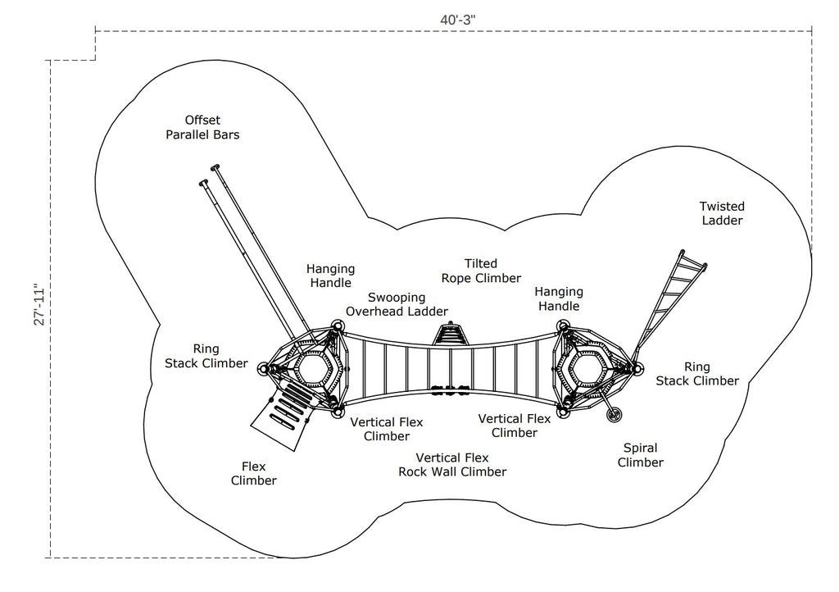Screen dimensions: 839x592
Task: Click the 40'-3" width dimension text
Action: click(x=457, y=20)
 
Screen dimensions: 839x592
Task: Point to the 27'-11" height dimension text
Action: click(x=40, y=304)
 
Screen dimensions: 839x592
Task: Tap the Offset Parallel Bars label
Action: click(x=202, y=127)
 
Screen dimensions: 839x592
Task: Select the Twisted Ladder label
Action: click(x=722, y=213)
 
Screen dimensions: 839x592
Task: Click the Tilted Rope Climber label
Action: click(x=481, y=271)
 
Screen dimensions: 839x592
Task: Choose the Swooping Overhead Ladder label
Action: click(x=397, y=304)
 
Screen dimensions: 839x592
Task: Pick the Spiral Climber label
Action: click(x=641, y=455)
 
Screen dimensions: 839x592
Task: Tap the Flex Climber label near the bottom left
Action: click(x=254, y=473)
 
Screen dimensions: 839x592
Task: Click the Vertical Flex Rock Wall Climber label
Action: click(x=452, y=465)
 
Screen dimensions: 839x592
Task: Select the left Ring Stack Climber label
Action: click(x=206, y=356)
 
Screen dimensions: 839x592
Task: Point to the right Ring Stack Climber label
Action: click(x=697, y=374)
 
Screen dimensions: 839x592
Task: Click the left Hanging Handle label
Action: click(x=331, y=276)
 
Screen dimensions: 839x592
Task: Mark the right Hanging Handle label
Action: click(x=559, y=298)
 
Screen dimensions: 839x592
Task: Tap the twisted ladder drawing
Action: click(x=669, y=305)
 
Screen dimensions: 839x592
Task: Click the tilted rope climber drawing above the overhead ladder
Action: click(x=451, y=334)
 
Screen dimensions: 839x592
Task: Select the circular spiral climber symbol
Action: click(x=615, y=414)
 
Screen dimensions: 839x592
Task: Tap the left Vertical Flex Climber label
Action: click(x=387, y=430)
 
